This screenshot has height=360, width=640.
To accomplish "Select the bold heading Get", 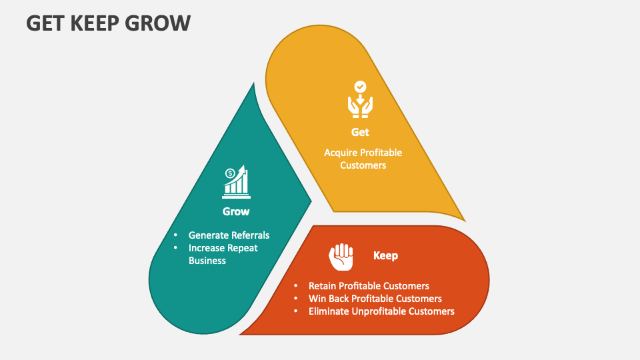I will pyautogui.click(x=360, y=132).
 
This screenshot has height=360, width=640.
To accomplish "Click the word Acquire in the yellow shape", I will pyautogui.click(x=341, y=153).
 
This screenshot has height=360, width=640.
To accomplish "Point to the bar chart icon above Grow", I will pyautogui.click(x=237, y=182).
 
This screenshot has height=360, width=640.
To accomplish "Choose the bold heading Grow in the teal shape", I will pyautogui.click(x=236, y=211).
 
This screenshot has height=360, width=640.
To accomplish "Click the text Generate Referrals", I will pyautogui.click(x=229, y=235).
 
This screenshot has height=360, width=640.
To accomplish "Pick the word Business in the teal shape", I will pyautogui.click(x=207, y=261).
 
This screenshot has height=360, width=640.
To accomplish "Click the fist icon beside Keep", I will pyautogui.click(x=341, y=257).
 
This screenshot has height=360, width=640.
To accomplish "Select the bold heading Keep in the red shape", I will pyautogui.click(x=385, y=255).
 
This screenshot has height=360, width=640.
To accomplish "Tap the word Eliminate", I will pyautogui.click(x=329, y=311).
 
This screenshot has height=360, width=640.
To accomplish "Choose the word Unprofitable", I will pyautogui.click(x=379, y=311).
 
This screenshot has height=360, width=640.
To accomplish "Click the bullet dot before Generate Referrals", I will pyautogui.click(x=175, y=235).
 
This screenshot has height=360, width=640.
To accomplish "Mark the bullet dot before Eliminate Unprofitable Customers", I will pyautogui.click(x=295, y=311).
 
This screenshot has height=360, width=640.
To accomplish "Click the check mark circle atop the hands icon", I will pyautogui.click(x=360, y=87).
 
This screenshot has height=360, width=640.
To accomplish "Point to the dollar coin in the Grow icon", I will pyautogui.click(x=230, y=173).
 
